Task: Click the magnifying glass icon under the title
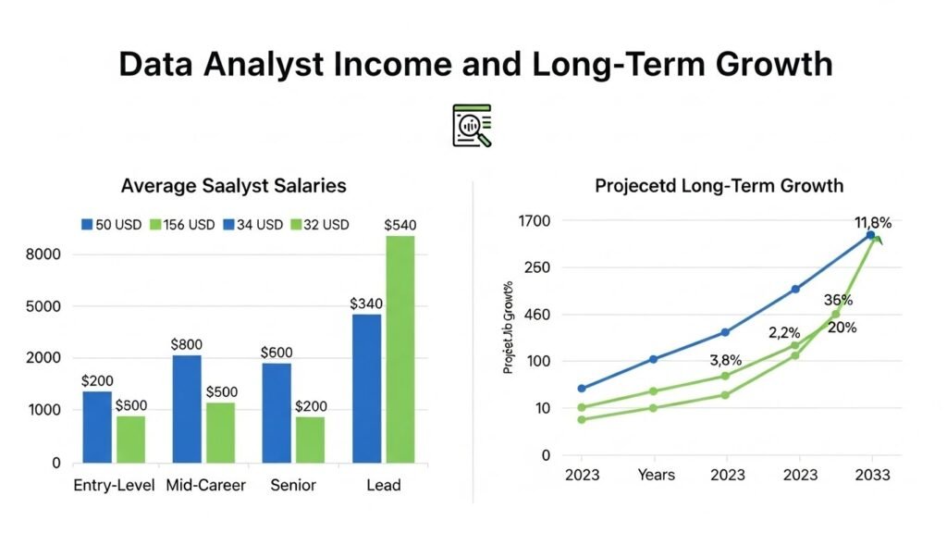point(473,126)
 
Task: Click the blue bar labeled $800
point(187,408)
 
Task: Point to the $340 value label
point(366,304)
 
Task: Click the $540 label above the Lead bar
point(400,225)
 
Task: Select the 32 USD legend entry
point(319,225)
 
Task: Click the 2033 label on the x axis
point(872,475)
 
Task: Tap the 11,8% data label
point(872,222)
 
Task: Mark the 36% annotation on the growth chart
point(838,301)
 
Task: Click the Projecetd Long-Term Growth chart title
point(719,186)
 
